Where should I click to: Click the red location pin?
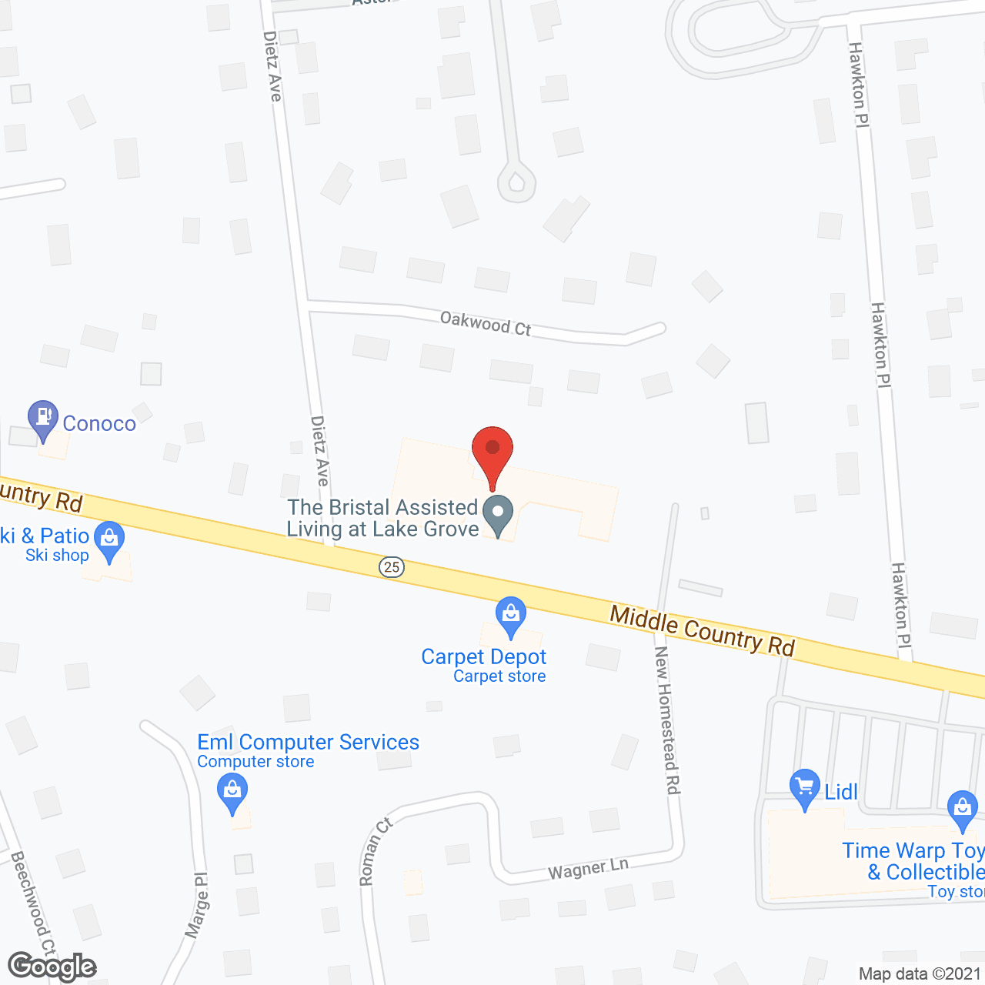pos(492,450)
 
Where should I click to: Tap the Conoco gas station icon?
pos(42,418)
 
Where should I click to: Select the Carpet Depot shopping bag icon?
pos(511,615)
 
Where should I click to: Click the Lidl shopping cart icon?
pos(805,787)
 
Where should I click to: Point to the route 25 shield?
pos(392,567)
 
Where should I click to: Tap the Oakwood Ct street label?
pos(486,323)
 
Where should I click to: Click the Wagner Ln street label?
pos(588,869)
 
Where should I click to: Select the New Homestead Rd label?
pos(667,720)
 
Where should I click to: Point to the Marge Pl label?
pos(197,905)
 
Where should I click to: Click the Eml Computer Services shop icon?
pos(232,791)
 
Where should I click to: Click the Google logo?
pos(52,967)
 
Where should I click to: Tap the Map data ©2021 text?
pos(920,974)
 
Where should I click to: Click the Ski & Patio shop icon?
pos(109,539)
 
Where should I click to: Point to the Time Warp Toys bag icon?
pos(962,808)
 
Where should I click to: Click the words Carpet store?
pos(499,676)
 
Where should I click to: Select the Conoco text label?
pos(99,423)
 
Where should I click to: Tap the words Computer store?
pos(255,762)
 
